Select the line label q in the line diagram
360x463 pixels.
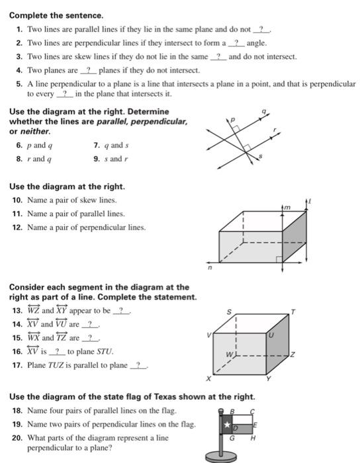263,114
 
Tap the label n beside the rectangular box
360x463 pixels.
208,268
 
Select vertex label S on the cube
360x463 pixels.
230,310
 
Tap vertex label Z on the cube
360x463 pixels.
292,355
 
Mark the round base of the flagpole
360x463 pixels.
223,456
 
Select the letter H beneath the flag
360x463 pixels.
253,437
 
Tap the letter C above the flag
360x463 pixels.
252,411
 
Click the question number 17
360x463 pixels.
17,365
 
